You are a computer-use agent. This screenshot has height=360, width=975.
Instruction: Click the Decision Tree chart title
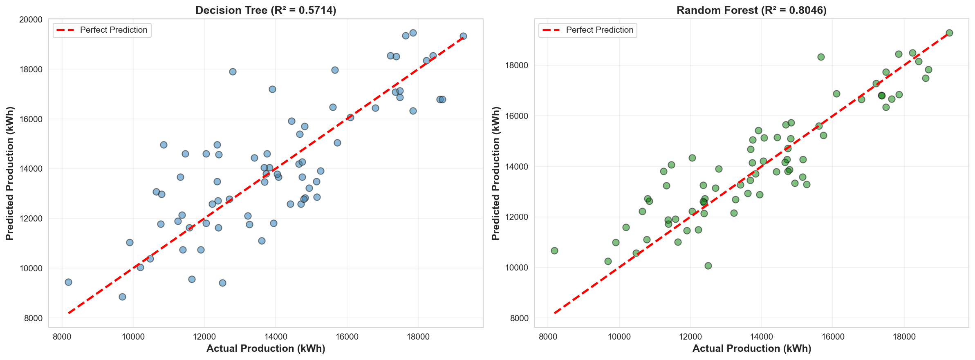(x=266, y=10)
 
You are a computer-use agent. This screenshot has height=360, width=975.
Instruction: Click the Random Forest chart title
(x=751, y=10)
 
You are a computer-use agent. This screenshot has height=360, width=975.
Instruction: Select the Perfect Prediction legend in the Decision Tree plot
(x=102, y=30)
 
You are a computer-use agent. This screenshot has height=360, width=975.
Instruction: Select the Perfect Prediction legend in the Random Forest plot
(x=588, y=30)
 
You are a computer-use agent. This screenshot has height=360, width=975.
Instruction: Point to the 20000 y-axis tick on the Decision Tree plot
(x=31, y=20)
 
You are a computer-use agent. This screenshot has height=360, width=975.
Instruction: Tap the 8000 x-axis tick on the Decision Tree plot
(x=62, y=337)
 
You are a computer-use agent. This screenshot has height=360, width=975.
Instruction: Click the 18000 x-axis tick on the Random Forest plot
(x=904, y=337)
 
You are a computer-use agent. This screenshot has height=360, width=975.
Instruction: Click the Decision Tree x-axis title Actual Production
(x=266, y=349)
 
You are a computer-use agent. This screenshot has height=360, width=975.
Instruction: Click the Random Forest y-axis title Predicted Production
(x=496, y=173)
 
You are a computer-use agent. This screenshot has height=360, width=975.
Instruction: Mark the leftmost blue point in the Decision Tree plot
(x=68, y=282)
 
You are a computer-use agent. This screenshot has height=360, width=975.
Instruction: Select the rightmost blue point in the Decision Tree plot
(x=463, y=36)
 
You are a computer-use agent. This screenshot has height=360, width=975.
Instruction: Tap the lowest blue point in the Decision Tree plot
(x=122, y=297)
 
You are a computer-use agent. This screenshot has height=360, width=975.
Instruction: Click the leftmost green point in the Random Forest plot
(x=554, y=250)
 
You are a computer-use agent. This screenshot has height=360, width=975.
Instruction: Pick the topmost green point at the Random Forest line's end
(x=949, y=33)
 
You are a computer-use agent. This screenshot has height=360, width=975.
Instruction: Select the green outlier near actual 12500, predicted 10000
(x=708, y=266)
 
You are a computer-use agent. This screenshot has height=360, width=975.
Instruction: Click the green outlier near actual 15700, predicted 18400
(x=821, y=57)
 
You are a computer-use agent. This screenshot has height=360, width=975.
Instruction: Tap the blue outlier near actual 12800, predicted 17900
(x=233, y=72)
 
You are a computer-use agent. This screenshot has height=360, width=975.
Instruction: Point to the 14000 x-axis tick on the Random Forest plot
(x=762, y=337)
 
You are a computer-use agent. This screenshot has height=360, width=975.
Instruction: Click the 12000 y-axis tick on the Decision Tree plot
(x=31, y=219)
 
